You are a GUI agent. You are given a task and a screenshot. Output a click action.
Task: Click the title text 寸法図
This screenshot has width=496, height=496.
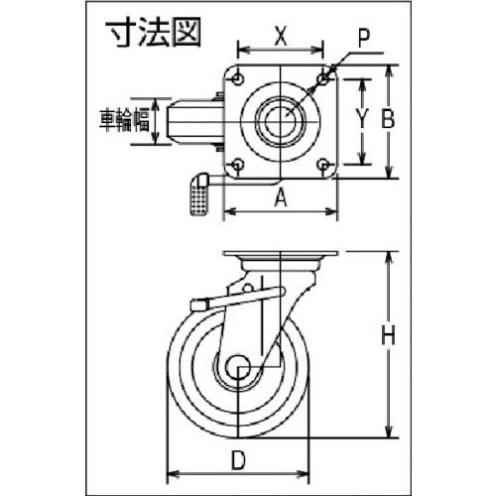pyautogui.click(x=153, y=31)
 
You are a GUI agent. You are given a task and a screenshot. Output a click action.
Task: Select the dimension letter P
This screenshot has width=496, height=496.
pyautogui.click(x=365, y=41)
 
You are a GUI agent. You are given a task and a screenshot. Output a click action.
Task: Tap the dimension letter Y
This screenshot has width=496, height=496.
pyautogui.click(x=363, y=120)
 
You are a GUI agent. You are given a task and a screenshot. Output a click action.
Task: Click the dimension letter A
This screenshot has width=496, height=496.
pyautogui.click(x=281, y=197)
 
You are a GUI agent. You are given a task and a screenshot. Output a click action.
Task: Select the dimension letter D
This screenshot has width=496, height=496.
pyautogui.click(x=239, y=459)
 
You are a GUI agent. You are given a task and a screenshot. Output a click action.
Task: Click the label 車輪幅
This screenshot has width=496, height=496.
pyautogui.click(x=129, y=120)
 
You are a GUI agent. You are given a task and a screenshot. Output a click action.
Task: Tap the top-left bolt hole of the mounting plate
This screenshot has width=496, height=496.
pyautogui.click(x=238, y=75)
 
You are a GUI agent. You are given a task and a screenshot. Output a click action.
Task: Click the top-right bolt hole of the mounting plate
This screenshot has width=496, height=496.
pyautogui.click(x=325, y=75)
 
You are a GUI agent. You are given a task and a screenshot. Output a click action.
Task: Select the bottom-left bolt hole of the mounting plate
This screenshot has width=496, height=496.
pyautogui.click(x=238, y=165)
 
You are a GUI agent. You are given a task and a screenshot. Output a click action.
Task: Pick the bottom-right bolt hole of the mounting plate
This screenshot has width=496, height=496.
pyautogui.click(x=325, y=165)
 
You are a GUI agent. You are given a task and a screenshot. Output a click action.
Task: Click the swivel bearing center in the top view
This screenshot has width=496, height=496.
pyautogui.click(x=283, y=120)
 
